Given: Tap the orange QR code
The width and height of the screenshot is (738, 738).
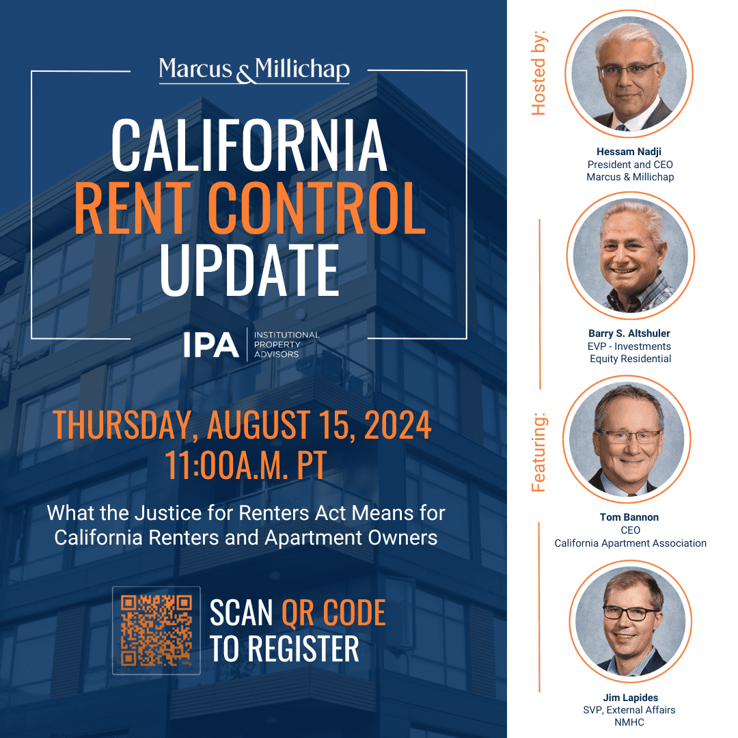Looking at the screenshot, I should click(x=156, y=630).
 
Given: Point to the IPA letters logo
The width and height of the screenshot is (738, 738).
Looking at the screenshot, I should click(x=210, y=344).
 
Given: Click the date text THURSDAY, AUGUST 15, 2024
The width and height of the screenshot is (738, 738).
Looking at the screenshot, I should click(x=242, y=424).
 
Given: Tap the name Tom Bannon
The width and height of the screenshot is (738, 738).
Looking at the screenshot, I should click(x=630, y=517).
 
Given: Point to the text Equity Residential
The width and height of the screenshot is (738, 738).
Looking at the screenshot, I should click(x=630, y=359).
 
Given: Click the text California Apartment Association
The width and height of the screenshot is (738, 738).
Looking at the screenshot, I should click(x=630, y=543).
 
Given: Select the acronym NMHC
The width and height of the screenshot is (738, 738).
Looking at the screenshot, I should click(x=630, y=722).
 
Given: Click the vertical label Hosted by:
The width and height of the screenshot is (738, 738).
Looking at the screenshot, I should click(x=539, y=72).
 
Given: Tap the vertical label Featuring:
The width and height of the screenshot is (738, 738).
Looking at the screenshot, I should click(x=539, y=452).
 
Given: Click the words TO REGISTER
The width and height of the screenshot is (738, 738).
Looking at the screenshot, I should click(x=284, y=648).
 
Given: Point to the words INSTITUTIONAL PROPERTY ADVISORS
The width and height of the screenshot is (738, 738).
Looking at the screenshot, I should click(x=286, y=344).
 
